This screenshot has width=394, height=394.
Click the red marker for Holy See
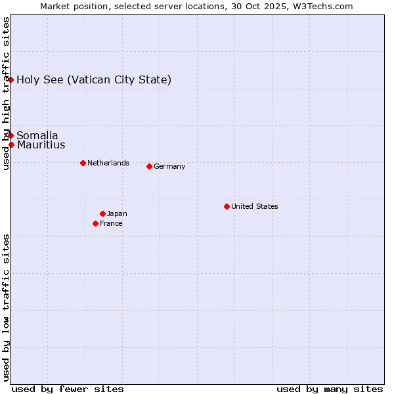[11, 79]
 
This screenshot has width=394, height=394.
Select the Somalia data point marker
[11, 135]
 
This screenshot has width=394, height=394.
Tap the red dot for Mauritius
[11, 144]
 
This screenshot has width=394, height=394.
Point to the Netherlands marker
[83, 163]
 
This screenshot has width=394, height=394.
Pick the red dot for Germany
[149, 166]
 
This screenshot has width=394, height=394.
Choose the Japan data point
[102, 213]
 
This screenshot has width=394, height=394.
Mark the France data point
[95, 223]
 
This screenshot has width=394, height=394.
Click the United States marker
[227, 206]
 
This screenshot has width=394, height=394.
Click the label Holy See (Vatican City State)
[94, 80]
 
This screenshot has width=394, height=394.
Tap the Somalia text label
[37, 136]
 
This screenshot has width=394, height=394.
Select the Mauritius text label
[41, 145]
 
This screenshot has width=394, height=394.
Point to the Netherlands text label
[108, 164]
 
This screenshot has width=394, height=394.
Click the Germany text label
[169, 167]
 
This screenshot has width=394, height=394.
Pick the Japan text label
[117, 214]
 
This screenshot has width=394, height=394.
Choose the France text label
[111, 224]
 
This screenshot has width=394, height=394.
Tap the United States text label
[255, 207]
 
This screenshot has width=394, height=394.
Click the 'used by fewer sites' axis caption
[68, 389]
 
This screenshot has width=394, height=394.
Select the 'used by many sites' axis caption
[330, 389]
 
